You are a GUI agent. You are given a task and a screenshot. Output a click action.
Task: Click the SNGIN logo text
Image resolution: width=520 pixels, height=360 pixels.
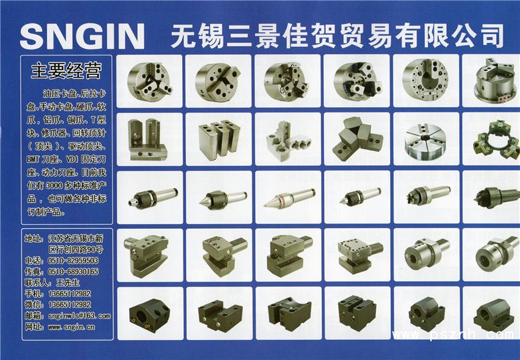[82, 36]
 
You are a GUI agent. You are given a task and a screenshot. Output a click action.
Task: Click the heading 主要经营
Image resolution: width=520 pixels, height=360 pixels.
[66, 70]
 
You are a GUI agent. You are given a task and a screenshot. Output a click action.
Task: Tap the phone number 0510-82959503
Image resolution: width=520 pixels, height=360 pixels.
[74, 260]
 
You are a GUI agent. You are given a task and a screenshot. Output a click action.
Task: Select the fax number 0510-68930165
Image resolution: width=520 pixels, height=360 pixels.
[74, 272]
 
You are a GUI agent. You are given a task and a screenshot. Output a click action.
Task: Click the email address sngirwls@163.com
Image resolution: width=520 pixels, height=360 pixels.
[79, 316]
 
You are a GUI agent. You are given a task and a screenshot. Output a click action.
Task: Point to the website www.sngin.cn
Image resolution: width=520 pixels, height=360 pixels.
[72, 327]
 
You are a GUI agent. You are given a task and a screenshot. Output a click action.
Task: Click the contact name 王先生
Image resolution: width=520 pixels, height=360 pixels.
[68, 282]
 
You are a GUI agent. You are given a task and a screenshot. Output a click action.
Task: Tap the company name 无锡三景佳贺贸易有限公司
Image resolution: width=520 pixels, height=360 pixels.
[337, 35]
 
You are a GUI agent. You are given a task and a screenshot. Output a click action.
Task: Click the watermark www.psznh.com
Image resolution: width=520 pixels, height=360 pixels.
[453, 335]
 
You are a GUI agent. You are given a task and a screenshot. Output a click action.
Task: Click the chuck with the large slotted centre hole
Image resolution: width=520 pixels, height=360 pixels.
[426, 81]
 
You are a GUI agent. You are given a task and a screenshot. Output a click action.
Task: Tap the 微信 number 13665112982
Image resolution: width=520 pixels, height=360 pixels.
[70, 304]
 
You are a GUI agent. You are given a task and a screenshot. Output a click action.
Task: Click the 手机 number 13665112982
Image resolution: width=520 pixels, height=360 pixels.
[70, 293]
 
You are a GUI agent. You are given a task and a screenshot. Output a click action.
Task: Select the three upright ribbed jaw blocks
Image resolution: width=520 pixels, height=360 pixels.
[220, 139]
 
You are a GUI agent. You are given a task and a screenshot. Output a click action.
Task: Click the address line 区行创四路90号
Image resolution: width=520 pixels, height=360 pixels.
[76, 250]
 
